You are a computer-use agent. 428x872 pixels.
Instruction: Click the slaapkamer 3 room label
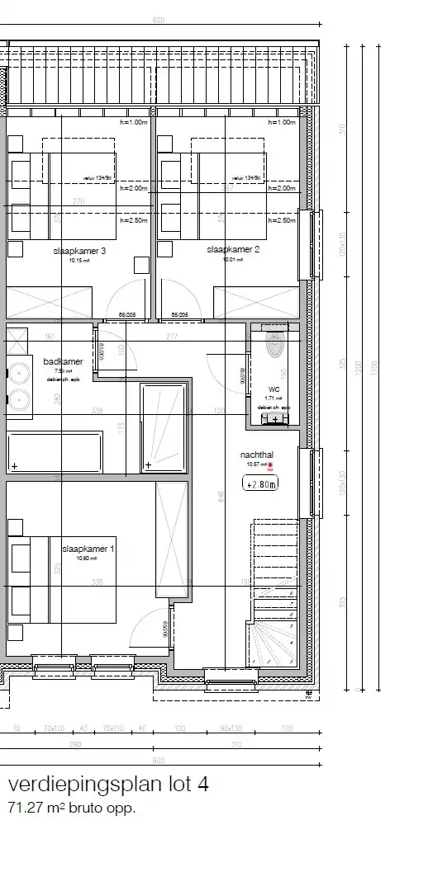pyautogui.click(x=79, y=251)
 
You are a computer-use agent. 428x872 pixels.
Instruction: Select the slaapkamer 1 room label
pyautogui.click(x=88, y=548)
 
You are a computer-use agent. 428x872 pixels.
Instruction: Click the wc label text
pyautogui.click(x=273, y=389)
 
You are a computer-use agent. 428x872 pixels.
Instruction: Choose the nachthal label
pyautogui.click(x=255, y=455)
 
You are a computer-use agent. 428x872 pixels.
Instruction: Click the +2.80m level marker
pyautogui.click(x=260, y=485)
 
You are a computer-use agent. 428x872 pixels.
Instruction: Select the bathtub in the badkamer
pyautogui.click(x=55, y=452)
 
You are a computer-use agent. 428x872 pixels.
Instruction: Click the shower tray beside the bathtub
pyautogui.click(x=165, y=427)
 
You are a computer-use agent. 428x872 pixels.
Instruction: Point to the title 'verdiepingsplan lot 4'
pyautogui.click(x=108, y=785)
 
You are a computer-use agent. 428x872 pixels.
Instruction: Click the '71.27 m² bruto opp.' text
pyautogui.click(x=71, y=808)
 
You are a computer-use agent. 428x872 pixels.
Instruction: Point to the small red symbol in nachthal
pyautogui.click(x=270, y=465)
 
